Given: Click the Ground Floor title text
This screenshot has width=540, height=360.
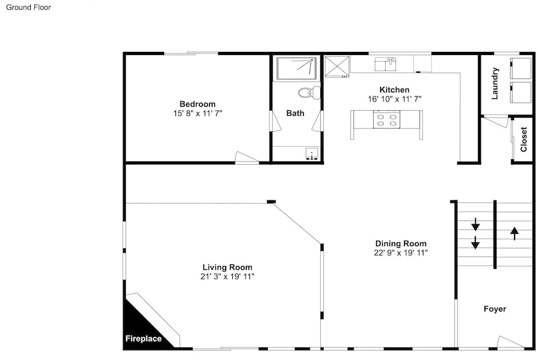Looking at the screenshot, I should coord(28,8).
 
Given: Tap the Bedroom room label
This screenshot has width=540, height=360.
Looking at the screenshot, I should coord(197,104).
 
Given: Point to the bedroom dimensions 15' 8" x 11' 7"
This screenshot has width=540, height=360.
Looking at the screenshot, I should coord(197,113).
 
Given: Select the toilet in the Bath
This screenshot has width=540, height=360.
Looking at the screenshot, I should coord(309,92).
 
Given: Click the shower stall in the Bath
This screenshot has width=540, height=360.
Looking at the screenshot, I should coord(296,69).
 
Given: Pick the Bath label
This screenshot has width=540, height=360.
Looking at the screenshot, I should coord(295,113).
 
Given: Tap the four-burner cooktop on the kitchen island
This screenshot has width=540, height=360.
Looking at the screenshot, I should coord(387,119).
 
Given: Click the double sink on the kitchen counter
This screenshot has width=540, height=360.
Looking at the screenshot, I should coord(386,65).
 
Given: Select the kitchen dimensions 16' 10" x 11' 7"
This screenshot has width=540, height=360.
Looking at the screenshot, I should coord(394,99).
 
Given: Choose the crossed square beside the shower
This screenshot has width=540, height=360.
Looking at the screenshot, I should coord(337,67).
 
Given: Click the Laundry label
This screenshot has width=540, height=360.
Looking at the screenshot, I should coord(495,84).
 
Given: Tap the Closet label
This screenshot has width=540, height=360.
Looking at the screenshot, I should coord(523,139).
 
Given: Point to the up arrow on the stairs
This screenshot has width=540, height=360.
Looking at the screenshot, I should coord(514,233).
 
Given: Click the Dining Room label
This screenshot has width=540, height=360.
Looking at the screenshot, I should coord(401,243).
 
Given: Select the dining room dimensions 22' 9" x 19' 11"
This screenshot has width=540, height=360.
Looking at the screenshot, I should coord(401,253).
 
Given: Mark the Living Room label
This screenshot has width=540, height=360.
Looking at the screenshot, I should coord(227,267).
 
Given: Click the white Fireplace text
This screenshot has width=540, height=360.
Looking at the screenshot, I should coord(143,339).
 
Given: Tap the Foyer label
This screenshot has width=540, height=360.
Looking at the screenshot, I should coord(495,309).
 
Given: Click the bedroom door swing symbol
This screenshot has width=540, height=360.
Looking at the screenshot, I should coord(246,158).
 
